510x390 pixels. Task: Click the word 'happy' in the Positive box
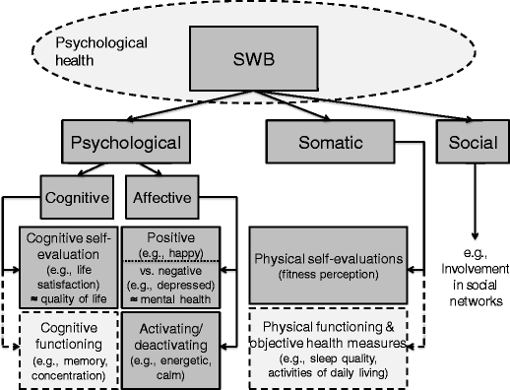pyautogui.click(x=177, y=252)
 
